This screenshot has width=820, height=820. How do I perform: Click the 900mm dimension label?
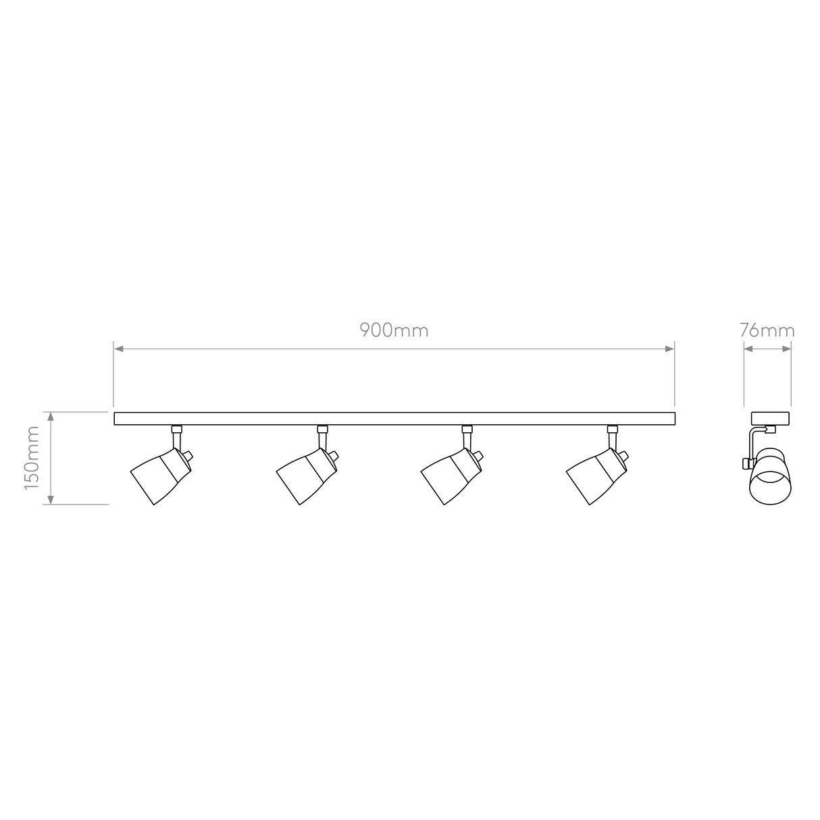coord(393,331)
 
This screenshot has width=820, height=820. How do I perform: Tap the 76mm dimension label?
coord(767,331)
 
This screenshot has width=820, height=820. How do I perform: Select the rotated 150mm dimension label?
coord(32,457)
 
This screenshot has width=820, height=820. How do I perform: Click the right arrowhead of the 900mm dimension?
coord(668,349)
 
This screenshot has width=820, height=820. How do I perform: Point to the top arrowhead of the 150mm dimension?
coord(50,417)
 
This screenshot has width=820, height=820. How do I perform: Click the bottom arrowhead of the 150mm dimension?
coord(50,498)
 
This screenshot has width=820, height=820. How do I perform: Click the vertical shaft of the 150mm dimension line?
coord(50,458)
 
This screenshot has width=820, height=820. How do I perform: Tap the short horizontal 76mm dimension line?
coord(767,349)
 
